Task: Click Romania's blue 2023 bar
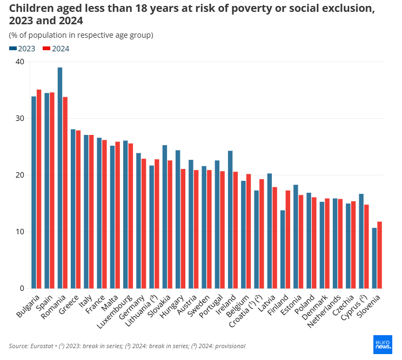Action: (x=60, y=178)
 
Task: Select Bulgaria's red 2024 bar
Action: (x=39, y=189)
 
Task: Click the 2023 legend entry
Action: (x=22, y=49)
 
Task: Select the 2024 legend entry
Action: (x=56, y=49)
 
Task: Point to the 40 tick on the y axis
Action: (x=20, y=62)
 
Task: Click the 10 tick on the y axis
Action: (x=20, y=232)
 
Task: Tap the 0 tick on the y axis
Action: (x=22, y=289)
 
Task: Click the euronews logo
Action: (x=383, y=344)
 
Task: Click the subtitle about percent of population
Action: (x=81, y=35)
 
